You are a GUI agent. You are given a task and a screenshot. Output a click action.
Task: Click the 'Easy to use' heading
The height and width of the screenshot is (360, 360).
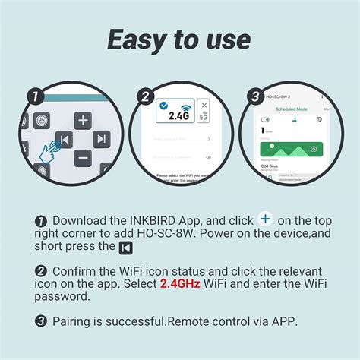click(179, 39)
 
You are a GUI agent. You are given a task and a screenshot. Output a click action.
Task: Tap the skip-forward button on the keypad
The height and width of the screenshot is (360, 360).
click(102, 139)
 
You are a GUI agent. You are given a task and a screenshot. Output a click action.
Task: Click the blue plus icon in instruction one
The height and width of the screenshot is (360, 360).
click(265, 219)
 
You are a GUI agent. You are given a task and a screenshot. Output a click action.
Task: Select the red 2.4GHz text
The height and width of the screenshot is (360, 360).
click(185, 283)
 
